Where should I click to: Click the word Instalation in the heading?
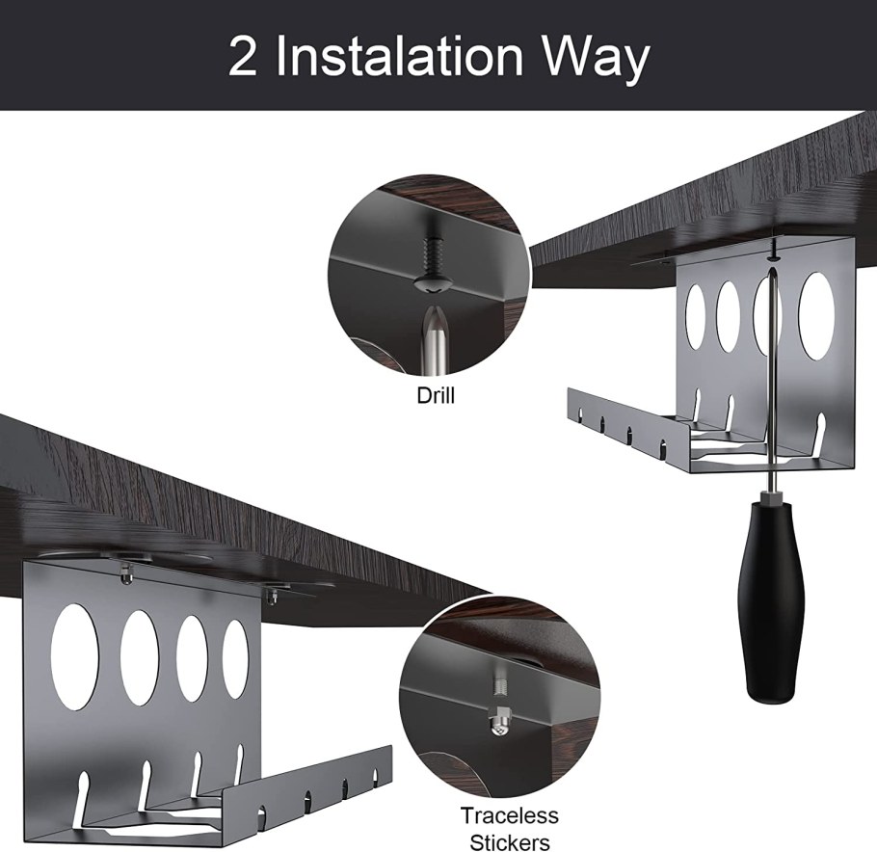point(399,57)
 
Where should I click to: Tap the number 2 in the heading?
point(243,57)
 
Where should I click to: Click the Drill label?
point(436,395)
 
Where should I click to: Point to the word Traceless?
point(509,815)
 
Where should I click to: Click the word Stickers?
point(510,842)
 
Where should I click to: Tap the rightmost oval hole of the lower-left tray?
point(235,658)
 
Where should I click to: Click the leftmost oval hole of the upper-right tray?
point(696,317)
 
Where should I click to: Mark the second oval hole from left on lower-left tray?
point(140,656)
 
